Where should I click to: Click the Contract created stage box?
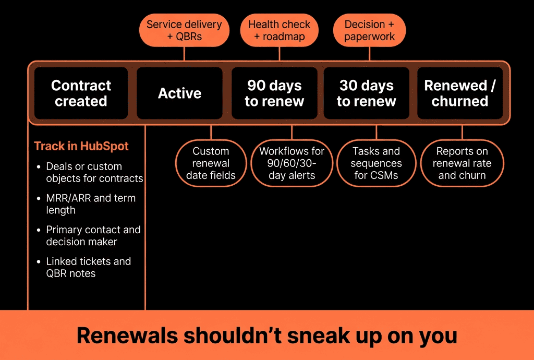pyautogui.click(x=81, y=93)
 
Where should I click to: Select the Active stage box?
pyautogui.click(x=179, y=93)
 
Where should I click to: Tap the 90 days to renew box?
pyautogui.click(x=274, y=93)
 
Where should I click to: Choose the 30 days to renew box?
pyautogui.click(x=367, y=93)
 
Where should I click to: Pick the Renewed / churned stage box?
pyautogui.click(x=460, y=93)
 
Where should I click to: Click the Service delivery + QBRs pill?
pyautogui.click(x=184, y=30)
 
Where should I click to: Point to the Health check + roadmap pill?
pyautogui.click(x=280, y=30)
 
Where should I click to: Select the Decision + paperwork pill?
pyautogui.click(x=370, y=30)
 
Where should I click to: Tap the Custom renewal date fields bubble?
pyautogui.click(x=211, y=163)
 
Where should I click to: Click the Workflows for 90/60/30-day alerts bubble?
pyautogui.click(x=292, y=163)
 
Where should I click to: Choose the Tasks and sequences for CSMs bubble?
pyautogui.click(x=377, y=163)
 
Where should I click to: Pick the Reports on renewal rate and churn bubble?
pyautogui.click(x=462, y=163)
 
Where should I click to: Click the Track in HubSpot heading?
pyautogui.click(x=81, y=146)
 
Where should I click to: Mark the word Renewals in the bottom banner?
pyautogui.click(x=127, y=335)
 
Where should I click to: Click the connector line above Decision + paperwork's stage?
pyautogui.click(x=370, y=54)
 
